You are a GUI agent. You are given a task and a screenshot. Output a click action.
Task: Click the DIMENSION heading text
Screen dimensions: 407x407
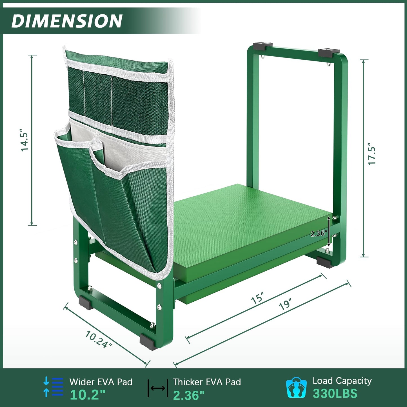[67, 21]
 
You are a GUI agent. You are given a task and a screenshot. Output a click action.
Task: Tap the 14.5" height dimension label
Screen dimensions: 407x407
[25, 140]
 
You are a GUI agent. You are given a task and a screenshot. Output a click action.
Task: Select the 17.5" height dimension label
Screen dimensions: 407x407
[372, 156]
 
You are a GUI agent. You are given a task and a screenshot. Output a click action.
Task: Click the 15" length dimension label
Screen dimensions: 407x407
[257, 298]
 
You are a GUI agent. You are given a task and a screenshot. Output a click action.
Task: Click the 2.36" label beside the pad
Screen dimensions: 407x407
[319, 233]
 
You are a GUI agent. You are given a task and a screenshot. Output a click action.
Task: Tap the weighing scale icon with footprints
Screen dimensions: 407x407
[296, 387]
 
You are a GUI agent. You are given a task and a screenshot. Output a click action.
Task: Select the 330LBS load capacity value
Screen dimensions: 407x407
[335, 393]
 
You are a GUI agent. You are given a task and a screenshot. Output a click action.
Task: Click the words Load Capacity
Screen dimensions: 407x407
[342, 381]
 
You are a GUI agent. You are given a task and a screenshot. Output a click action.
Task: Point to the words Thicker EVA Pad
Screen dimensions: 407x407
[207, 382]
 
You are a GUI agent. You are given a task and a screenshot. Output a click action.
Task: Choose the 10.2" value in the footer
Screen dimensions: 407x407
[88, 395]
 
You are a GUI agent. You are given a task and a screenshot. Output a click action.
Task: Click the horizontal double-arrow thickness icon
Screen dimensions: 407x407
[158, 388]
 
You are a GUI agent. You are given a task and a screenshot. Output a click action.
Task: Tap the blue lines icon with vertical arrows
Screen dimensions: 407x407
[53, 387]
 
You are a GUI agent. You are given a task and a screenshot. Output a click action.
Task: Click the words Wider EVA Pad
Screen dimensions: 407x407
[101, 382]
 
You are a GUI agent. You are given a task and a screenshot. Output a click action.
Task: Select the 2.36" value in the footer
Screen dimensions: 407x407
[189, 395]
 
